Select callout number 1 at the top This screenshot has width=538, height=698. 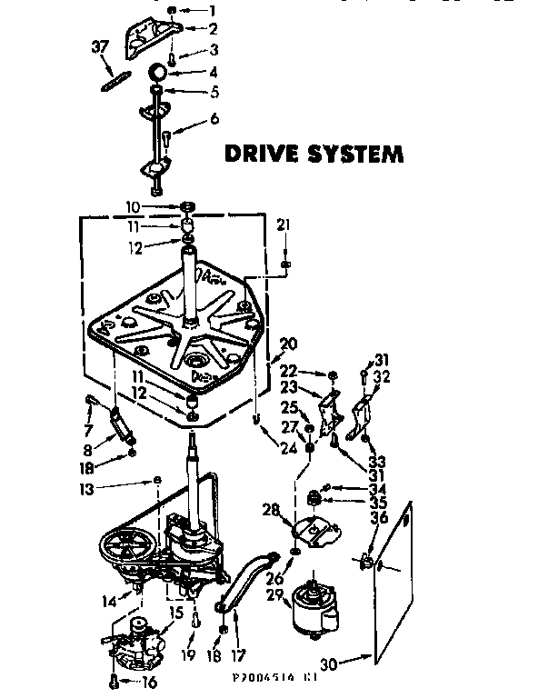tap(213, 11)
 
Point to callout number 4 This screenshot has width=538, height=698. tap(213, 71)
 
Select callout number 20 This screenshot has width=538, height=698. tap(289, 344)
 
